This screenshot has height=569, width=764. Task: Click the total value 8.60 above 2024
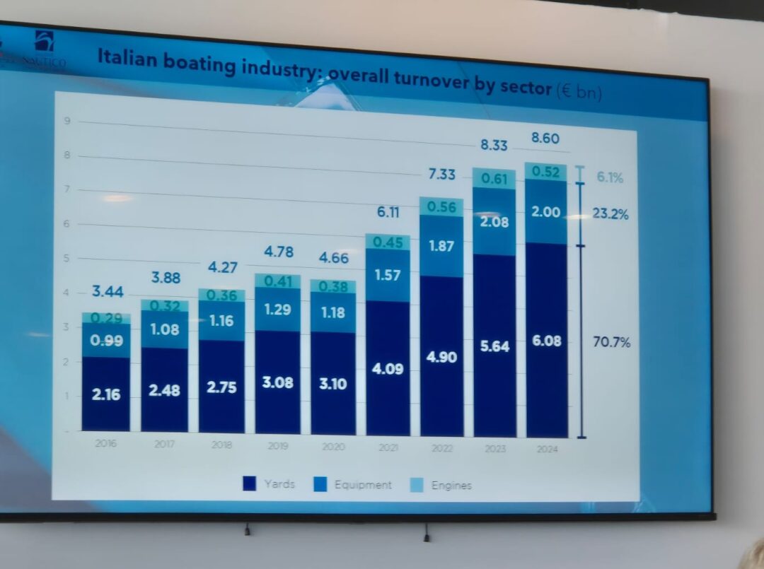[x=545, y=139]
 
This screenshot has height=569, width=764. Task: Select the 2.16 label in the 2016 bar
[x=106, y=394]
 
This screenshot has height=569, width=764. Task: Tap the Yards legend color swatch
[x=249, y=483]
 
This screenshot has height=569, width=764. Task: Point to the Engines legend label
[x=451, y=486]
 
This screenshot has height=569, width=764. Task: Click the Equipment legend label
[x=363, y=485]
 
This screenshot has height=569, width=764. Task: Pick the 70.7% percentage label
[x=610, y=343]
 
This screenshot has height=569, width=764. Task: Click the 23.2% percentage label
[x=610, y=214]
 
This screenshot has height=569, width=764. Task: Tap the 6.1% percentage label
[x=609, y=178]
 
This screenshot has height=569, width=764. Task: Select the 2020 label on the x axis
[x=333, y=447]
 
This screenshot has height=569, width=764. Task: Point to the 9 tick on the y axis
[x=66, y=121]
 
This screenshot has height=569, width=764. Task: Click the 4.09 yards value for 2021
[x=388, y=369]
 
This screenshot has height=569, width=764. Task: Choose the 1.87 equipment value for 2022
[x=441, y=246]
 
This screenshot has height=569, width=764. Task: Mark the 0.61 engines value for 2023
[x=494, y=180]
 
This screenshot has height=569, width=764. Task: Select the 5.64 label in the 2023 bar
[x=494, y=347]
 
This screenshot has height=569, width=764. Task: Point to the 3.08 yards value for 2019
[x=277, y=382]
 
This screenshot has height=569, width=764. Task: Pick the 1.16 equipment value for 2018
[x=221, y=321]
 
